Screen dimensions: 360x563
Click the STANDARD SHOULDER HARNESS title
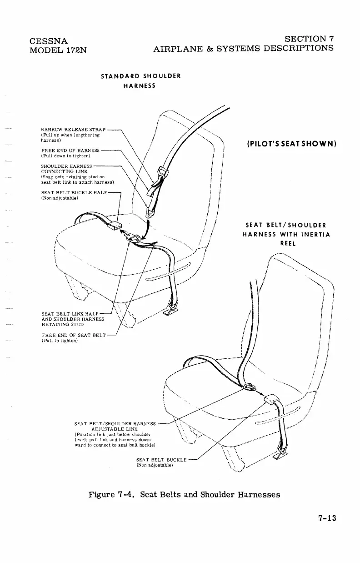point(141,80)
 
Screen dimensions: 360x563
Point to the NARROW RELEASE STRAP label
point(73,130)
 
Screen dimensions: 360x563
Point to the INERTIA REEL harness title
point(287,235)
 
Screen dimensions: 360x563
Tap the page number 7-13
point(324,519)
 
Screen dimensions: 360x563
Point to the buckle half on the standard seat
point(115,225)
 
